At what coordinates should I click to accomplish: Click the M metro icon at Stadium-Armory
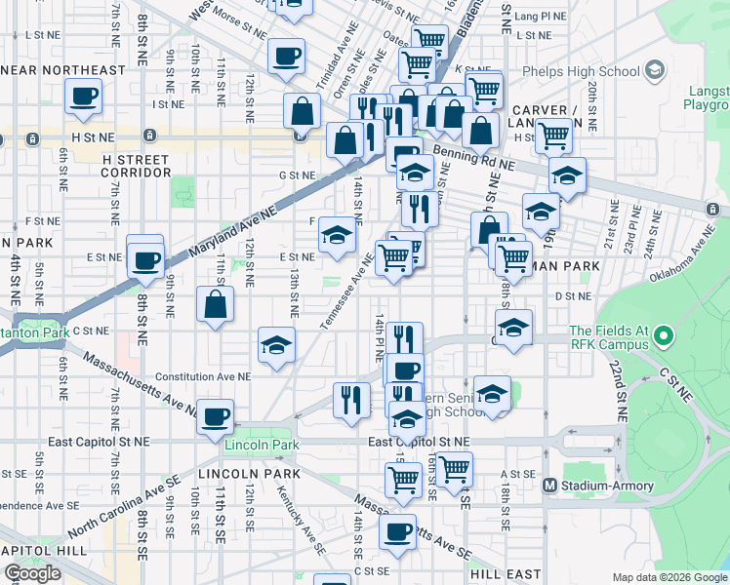coord(549,485)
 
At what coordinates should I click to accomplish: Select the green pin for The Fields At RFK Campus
coord(664,337)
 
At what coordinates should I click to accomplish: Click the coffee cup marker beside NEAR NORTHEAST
coord(84,96)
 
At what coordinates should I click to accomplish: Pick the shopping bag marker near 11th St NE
coord(216,304)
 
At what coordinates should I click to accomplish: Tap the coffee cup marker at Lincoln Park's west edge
coord(216,415)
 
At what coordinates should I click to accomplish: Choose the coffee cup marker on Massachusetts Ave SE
coord(397,531)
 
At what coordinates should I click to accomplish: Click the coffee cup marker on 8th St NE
coord(145,259)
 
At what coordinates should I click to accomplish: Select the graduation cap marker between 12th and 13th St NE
coord(276,344)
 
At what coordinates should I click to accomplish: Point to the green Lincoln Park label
coord(258,446)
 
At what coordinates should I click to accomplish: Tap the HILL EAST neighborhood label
coord(501,575)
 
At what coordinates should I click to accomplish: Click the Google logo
coord(32,573)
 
